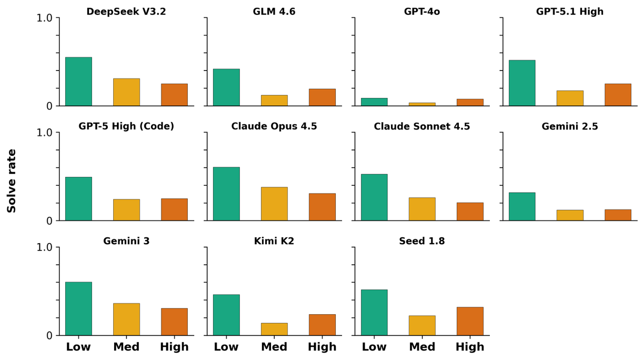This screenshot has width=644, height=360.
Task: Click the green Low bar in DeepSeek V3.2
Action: pos(78,82)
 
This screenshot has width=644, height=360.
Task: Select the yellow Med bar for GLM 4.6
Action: pos(274,101)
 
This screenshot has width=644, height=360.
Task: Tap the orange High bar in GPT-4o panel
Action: pos(470,102)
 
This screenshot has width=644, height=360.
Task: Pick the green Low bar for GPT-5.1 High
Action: pos(522,83)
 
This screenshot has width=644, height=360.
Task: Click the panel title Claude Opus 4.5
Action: pos(274,126)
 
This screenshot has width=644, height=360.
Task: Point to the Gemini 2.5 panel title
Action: pos(570,126)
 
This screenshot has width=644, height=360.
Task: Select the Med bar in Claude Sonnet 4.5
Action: pos(422,209)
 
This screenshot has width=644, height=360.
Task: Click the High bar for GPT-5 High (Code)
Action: pos(174,209)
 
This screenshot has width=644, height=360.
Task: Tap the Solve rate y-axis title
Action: pos(12,181)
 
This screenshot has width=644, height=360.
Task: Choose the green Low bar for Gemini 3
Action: pos(78,308)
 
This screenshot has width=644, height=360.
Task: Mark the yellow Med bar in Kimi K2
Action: pos(274,329)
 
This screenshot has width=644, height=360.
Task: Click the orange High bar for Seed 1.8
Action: pos(470,321)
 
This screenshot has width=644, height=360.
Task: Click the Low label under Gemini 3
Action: pos(78,347)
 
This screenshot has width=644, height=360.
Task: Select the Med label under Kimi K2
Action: pos(274,347)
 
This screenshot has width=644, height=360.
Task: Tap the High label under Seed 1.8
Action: pos(470,347)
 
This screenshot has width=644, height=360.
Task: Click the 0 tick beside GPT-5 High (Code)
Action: pos(49,221)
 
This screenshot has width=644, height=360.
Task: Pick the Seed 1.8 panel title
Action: pos(422,241)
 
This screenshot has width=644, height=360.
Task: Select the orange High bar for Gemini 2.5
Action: pos(618,215)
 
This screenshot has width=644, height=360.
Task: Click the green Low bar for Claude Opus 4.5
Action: pos(226,194)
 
